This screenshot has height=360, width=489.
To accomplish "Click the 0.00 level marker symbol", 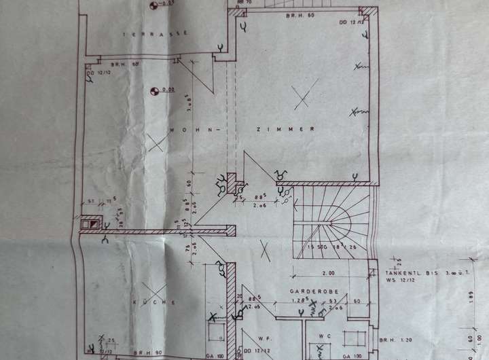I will (x=156, y=89).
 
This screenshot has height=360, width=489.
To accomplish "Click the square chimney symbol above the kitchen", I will (x=88, y=222).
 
